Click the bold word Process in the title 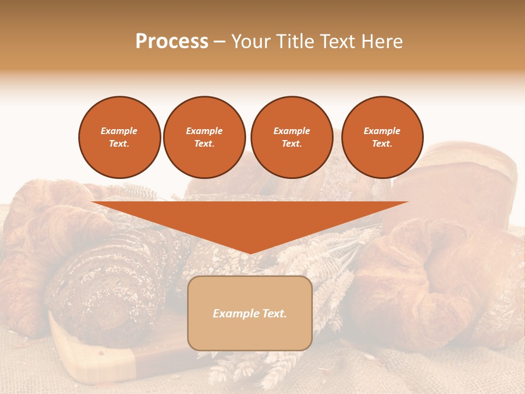coord(172,42)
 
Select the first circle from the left coord(119,137)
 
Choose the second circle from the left coord(204,137)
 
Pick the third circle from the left coord(291,137)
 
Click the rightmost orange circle coord(382,137)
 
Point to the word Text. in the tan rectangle coord(273,314)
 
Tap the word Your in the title coord(249,42)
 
